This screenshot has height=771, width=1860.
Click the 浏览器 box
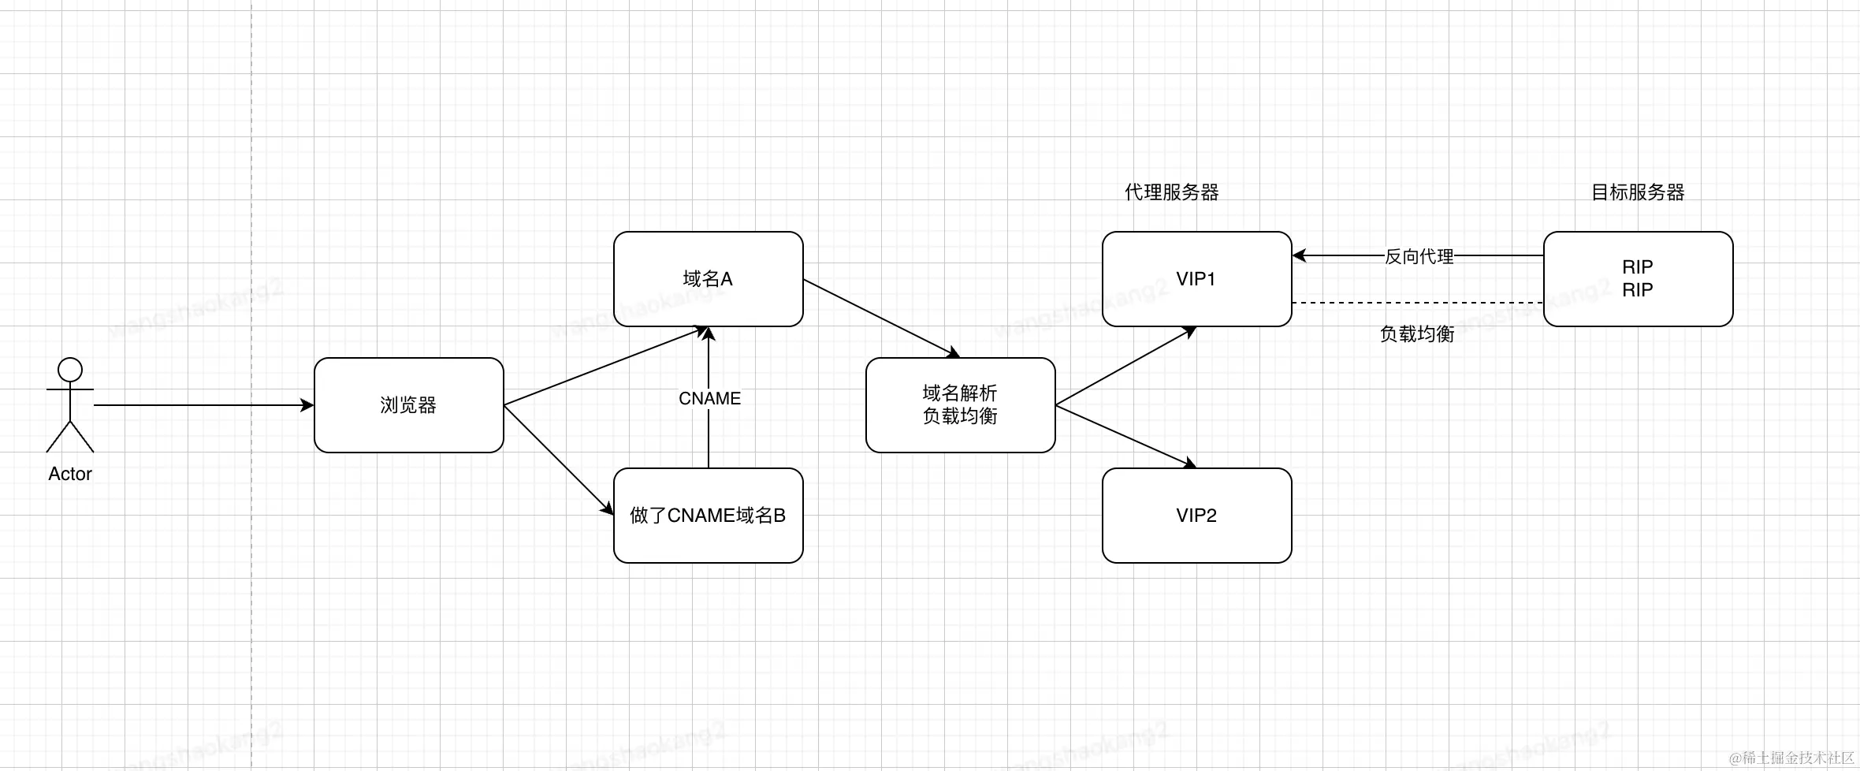point(408,405)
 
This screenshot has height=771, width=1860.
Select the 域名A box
point(708,279)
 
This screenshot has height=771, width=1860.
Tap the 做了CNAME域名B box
point(708,516)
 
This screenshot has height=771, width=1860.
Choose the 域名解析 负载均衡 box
point(960,405)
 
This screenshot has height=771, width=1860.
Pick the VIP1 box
point(1196,279)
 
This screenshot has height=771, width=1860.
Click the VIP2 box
point(1196,516)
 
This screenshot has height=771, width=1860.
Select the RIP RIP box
point(1638,279)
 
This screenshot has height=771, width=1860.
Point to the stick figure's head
point(70,370)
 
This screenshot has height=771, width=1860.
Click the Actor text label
point(70,474)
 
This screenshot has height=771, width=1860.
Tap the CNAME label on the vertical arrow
point(709,399)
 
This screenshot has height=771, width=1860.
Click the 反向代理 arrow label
point(1419,256)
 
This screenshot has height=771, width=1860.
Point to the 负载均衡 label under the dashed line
point(1417,334)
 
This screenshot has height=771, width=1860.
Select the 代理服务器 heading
point(1172,192)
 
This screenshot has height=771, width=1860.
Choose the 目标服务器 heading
point(1638,192)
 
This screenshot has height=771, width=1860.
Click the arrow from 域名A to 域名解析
point(881,318)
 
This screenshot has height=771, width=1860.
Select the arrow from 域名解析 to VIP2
point(1125,436)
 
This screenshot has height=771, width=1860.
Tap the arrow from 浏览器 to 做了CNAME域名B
point(558,460)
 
